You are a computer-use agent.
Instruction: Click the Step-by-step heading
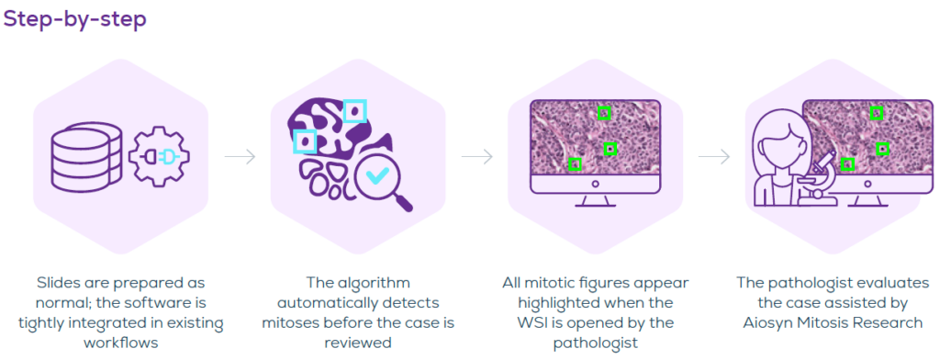(75, 20)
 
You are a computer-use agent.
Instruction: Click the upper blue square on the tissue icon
(354, 112)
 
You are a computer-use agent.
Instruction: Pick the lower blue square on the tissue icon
(305, 141)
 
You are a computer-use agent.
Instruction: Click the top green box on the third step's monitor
(604, 113)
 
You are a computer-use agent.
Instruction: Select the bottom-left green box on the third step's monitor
(575, 163)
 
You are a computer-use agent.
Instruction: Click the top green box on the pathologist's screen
(876, 113)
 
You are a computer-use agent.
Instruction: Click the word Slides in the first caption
(58, 282)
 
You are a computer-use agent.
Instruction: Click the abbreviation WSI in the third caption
(532, 322)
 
